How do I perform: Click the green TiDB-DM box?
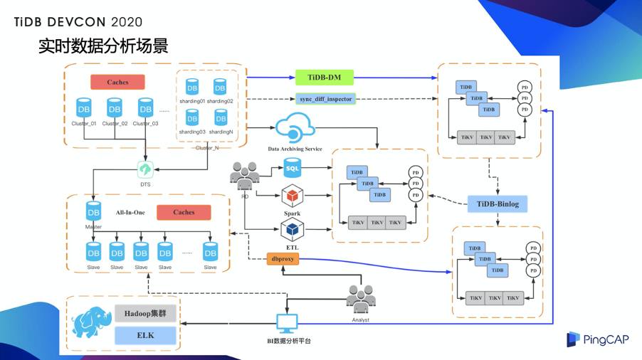pyautogui.click(x=325, y=78)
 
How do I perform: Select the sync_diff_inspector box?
pyautogui.click(x=325, y=99)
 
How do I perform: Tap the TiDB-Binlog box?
pyautogui.click(x=498, y=204)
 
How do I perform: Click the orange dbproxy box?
pyautogui.click(x=283, y=259)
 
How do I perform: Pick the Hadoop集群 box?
pyautogui.click(x=145, y=314)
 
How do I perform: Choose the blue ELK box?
pyautogui.click(x=145, y=335)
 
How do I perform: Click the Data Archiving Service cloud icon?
pyautogui.click(x=294, y=129)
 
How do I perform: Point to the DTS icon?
pyautogui.click(x=145, y=169)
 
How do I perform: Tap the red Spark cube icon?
pyautogui.click(x=292, y=196)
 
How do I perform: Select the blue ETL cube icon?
pyautogui.click(x=292, y=230)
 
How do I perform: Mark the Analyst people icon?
pyautogui.click(x=360, y=300)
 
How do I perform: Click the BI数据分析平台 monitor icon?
pyautogui.click(x=287, y=324)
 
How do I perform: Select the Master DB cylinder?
pyautogui.click(x=93, y=212)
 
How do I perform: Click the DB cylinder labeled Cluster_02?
pyautogui.click(x=115, y=108)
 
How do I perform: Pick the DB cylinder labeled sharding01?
pyautogui.click(x=192, y=87)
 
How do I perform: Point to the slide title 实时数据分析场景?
pyautogui.click(x=103, y=47)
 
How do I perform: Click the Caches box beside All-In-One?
pyautogui.click(x=184, y=212)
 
